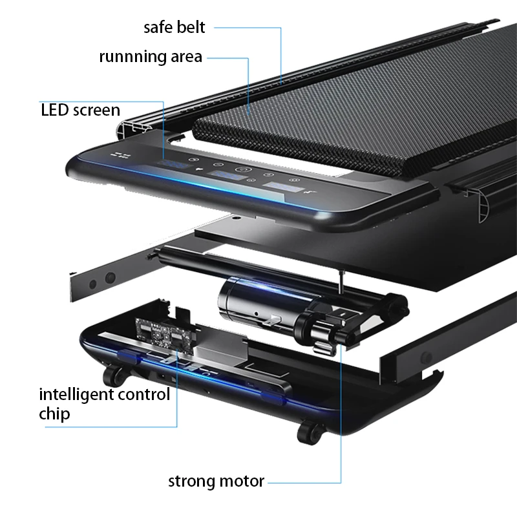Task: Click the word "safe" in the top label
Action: (x=158, y=27)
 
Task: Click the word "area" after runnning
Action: (x=187, y=57)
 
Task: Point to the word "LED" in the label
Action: (x=54, y=110)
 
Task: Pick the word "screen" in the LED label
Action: (x=96, y=110)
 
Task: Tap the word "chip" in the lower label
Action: (x=54, y=414)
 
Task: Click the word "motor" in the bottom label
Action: (x=243, y=481)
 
